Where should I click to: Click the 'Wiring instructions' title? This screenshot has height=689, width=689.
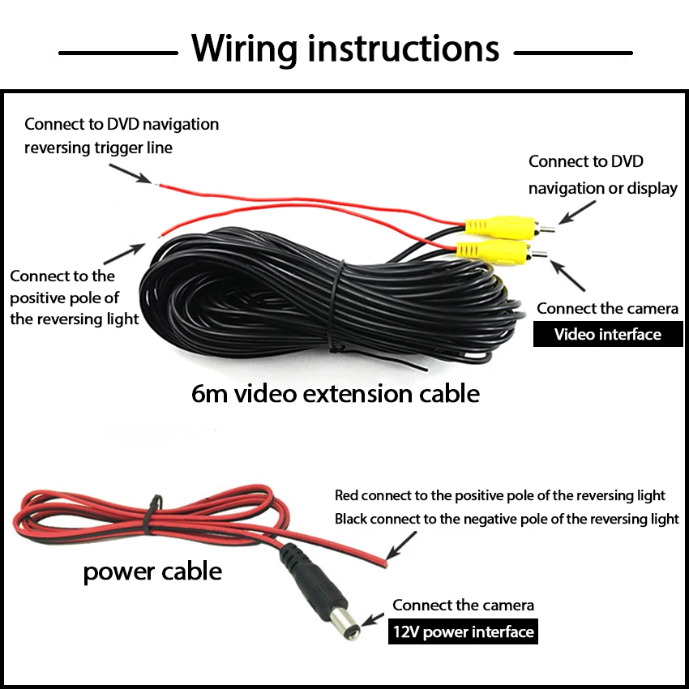[x=345, y=49]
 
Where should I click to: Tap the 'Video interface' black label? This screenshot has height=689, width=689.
[x=607, y=335]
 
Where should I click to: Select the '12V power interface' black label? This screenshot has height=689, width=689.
[x=462, y=631]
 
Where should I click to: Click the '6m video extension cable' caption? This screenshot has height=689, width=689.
[x=335, y=394]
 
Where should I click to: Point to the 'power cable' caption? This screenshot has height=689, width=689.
[x=152, y=571]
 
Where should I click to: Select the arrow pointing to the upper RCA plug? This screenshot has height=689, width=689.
[x=578, y=209]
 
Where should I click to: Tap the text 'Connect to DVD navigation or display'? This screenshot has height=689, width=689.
[x=602, y=174]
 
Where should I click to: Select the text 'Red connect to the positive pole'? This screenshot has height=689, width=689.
[x=499, y=495]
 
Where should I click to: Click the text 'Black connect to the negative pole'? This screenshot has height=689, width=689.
[x=507, y=519]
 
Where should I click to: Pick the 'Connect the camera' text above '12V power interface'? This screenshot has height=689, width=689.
[x=463, y=606]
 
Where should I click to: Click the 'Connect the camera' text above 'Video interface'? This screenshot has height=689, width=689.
[x=607, y=309]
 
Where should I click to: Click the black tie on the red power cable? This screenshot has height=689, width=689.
[x=152, y=516]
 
